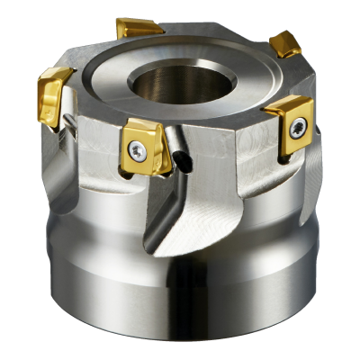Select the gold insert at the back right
[x=285, y=42]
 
